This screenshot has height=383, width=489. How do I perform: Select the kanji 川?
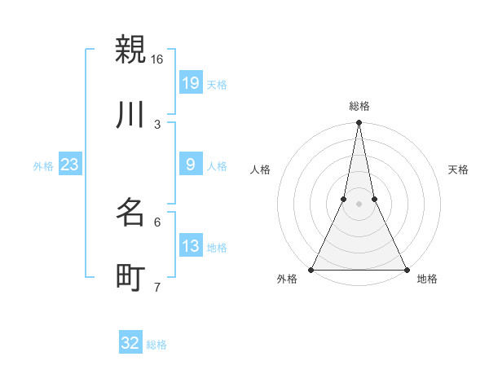click(130, 115)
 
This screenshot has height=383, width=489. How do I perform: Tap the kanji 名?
click(130, 214)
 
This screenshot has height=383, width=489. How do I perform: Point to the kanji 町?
click(130, 279)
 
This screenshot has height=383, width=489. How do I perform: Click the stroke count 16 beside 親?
click(156, 59)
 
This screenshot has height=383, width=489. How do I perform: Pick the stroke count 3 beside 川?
click(157, 125)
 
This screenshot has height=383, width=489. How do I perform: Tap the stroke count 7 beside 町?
click(157, 288)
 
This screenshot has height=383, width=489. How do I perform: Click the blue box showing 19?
click(191, 83)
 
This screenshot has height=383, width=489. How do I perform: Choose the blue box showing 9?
click(191, 165)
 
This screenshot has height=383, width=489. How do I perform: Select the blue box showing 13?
click(191, 247)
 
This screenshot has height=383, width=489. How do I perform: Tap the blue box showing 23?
click(70, 165)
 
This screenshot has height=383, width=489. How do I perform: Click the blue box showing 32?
click(130, 344)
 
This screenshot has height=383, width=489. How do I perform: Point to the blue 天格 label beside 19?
click(217, 84)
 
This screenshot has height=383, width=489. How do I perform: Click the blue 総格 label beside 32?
click(156, 345)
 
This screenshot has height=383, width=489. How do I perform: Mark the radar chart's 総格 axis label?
click(359, 106)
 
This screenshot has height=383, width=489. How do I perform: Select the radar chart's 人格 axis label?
click(261, 169)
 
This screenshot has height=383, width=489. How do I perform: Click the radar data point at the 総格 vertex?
click(359, 123)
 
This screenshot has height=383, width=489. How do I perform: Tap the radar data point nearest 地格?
click(406, 269)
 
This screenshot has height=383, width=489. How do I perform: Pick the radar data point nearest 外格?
click(312, 269)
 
